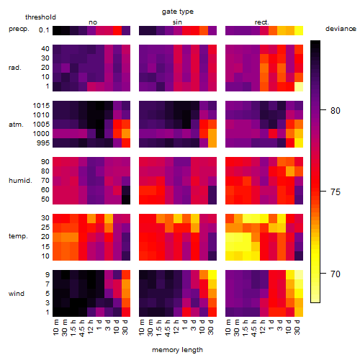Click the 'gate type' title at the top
178,12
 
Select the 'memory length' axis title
177,350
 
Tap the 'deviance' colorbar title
341,29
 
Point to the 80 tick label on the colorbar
336,110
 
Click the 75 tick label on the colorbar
336,192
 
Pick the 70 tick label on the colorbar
336,274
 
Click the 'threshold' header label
40,17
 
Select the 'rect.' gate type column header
262,22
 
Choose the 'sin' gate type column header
177,22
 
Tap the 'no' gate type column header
93,22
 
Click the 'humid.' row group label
20,181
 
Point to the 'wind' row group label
17,294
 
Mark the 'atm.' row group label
16,125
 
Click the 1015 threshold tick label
41,105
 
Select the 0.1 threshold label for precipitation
44,30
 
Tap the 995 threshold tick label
43,143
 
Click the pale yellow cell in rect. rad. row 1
299,86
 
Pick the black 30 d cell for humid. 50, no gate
126,199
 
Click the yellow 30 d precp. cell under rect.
299,30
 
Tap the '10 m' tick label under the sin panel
143,327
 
